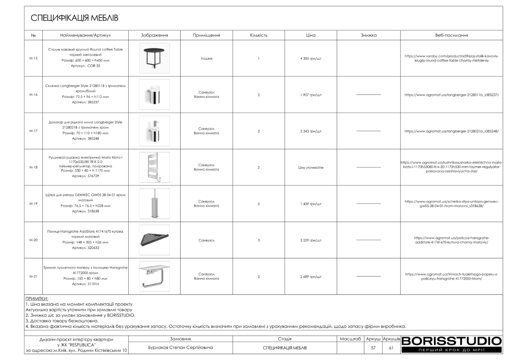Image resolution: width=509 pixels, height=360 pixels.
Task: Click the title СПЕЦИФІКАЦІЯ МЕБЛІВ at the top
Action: (75, 18)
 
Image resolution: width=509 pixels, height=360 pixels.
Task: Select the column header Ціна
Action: (311, 35)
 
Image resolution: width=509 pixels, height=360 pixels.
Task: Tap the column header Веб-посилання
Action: (451, 35)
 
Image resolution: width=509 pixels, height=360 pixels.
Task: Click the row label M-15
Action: (33, 58)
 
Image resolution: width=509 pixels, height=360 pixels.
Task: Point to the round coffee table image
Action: (154, 58)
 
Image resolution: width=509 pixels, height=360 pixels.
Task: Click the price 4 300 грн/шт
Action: (311, 58)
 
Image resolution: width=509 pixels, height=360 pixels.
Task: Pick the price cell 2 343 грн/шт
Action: (311, 131)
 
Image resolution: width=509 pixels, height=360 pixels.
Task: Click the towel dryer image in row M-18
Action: (154, 167)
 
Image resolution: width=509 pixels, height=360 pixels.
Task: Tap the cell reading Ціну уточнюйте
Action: (311, 168)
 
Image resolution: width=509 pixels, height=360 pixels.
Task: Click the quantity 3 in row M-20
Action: (258, 240)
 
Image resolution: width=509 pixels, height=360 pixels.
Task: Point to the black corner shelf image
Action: (154, 240)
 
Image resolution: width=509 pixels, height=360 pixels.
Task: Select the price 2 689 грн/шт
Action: (311, 276)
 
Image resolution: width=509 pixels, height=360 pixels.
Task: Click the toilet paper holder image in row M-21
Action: (154, 276)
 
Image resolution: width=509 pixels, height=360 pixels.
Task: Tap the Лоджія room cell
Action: (206, 58)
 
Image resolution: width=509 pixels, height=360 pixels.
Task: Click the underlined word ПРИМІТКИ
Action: (36, 299)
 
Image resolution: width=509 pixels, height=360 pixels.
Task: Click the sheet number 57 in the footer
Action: (373, 348)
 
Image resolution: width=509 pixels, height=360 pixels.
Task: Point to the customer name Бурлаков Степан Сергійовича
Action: (180, 348)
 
